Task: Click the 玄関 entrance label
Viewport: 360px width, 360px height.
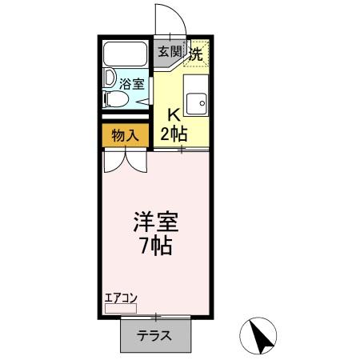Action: pyautogui.click(x=169, y=53)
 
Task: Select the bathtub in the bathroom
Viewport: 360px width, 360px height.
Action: pyautogui.click(x=125, y=56)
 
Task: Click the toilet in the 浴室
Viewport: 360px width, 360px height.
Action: pyautogui.click(x=116, y=99)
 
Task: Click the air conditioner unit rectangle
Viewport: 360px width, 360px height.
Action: pyautogui.click(x=121, y=307)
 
